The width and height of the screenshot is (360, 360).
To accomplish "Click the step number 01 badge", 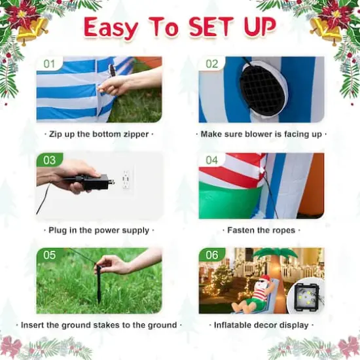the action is click(49, 63).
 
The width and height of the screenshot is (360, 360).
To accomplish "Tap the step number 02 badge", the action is click(211, 63).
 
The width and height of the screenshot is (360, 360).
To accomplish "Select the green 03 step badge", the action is click(49, 160).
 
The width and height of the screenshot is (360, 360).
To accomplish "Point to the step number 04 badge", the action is click(211, 160).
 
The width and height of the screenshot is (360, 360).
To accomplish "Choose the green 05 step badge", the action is click(49, 255).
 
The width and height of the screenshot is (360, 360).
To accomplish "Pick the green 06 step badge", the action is click(211, 255).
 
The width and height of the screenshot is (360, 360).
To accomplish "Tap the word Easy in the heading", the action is click(111, 28).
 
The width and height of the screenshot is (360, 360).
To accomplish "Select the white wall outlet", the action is click(126, 179).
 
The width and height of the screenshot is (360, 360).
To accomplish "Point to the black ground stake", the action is click(98, 284).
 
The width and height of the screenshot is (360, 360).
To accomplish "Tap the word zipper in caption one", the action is click(136, 134).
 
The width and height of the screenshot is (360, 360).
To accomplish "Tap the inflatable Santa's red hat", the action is click(265, 278).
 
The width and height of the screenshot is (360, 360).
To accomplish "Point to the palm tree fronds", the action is click(275, 254).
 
